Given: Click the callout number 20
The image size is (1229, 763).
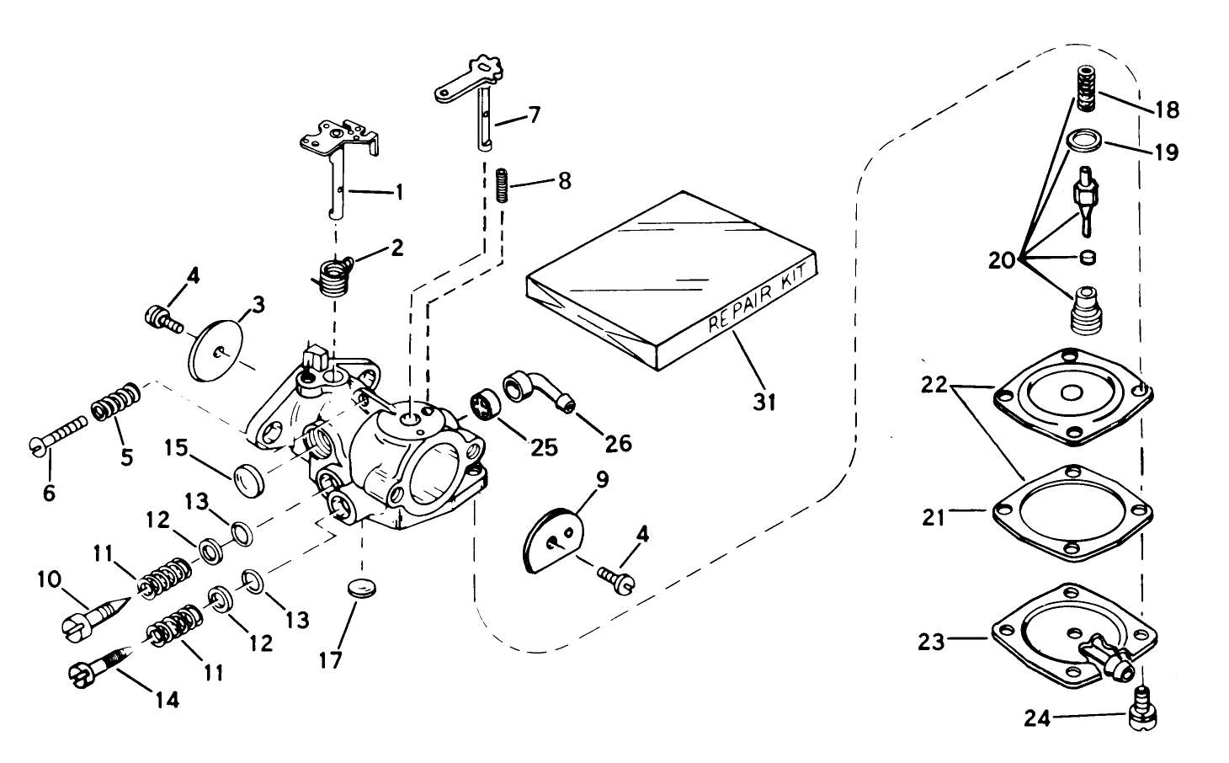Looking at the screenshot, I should pyautogui.click(x=1003, y=261).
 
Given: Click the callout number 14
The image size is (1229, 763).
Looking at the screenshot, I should pyautogui.click(x=168, y=699).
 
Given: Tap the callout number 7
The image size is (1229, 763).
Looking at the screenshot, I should pyautogui.click(x=534, y=115).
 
